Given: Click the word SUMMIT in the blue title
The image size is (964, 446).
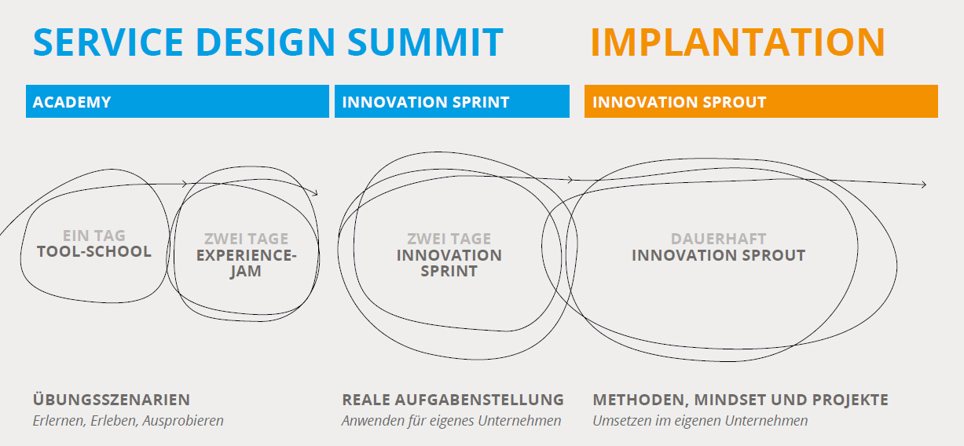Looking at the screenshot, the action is (x=425, y=42).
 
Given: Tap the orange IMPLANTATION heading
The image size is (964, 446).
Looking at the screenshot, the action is (x=738, y=42).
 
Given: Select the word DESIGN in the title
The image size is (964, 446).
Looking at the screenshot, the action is (x=265, y=42).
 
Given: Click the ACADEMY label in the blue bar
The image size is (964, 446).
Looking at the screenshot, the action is (x=71, y=102).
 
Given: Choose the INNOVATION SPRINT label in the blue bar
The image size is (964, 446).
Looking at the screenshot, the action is (x=426, y=102).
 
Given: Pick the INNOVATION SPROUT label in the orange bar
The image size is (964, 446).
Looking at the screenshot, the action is (x=679, y=102).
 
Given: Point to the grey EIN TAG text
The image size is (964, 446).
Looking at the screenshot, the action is (x=94, y=236).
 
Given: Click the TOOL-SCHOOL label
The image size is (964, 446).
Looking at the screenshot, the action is (x=94, y=251).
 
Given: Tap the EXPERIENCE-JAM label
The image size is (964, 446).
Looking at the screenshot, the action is (x=246, y=263).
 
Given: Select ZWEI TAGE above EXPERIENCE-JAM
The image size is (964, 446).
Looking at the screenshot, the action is (x=246, y=238).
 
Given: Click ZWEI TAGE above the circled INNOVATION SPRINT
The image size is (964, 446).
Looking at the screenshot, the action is (x=449, y=238).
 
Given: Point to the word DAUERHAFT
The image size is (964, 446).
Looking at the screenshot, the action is (x=718, y=238).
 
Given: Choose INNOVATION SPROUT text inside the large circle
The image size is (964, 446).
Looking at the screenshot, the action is (x=718, y=255).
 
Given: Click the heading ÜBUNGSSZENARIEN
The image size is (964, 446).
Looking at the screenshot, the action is (x=112, y=399).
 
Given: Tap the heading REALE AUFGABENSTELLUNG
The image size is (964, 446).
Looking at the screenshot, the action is (x=453, y=400).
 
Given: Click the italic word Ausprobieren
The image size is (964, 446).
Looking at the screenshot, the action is (x=183, y=421).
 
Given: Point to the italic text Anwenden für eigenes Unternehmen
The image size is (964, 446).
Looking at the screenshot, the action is (x=452, y=421).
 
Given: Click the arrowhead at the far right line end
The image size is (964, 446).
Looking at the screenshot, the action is (x=924, y=185).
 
